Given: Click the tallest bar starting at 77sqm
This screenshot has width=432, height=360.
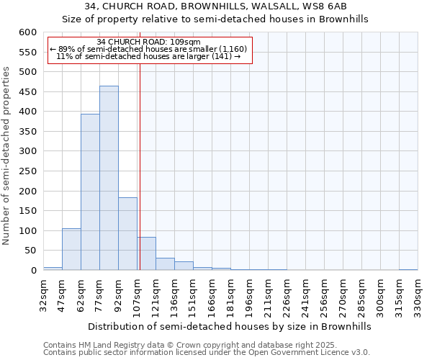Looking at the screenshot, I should [109, 178].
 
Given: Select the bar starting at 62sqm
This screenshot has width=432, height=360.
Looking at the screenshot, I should [90, 192].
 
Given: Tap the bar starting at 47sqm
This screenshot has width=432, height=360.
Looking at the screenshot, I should [71, 249].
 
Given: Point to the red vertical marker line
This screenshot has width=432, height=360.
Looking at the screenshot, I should [140, 166].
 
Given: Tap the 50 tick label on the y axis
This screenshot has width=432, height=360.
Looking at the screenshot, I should [29, 251].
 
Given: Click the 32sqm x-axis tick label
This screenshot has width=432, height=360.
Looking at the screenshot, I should [44, 294].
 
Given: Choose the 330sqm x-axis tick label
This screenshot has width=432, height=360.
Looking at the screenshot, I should [418, 294].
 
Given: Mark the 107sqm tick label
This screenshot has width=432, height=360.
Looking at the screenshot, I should [138, 294].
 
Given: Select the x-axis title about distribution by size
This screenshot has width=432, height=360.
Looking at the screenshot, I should [230, 326].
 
